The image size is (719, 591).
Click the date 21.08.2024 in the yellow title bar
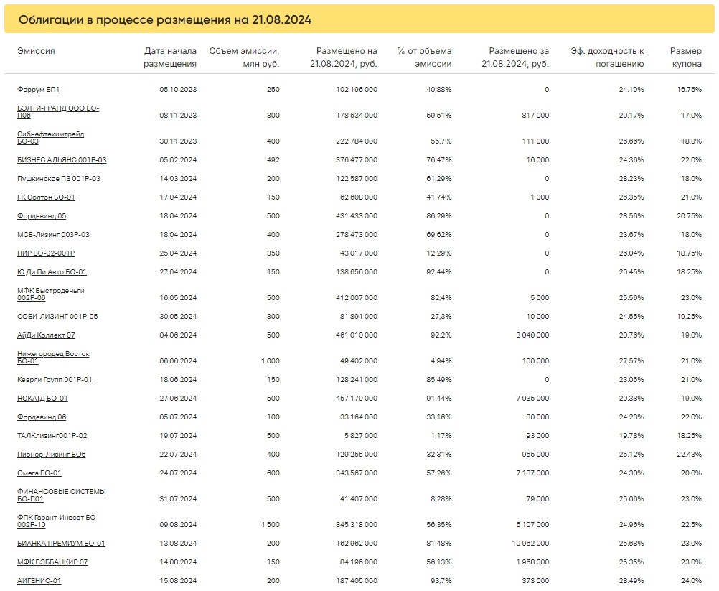click(281, 19)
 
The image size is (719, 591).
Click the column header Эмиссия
click(36, 51)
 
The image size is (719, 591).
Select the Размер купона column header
click(686, 57)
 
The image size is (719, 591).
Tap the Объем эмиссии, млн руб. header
click(244, 57)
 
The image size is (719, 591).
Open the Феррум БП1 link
click(39, 90)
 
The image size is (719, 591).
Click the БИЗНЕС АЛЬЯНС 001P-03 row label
click(62, 159)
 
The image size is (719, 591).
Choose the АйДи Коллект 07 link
click(46, 335)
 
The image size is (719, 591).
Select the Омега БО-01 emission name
click(39, 473)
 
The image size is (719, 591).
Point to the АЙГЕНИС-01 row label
click(39, 580)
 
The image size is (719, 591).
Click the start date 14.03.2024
click(178, 179)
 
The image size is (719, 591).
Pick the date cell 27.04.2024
click(178, 271)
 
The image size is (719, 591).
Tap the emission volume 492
click(273, 159)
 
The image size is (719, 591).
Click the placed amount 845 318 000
click(357, 524)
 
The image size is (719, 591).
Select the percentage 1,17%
click(441, 435)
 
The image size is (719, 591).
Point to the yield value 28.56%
click(631, 215)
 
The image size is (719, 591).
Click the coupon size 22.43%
click(689, 455)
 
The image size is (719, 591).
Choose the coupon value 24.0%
click(691, 580)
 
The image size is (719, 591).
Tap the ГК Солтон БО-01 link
click(46, 197)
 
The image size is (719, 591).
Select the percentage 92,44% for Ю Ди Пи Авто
click(439, 271)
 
